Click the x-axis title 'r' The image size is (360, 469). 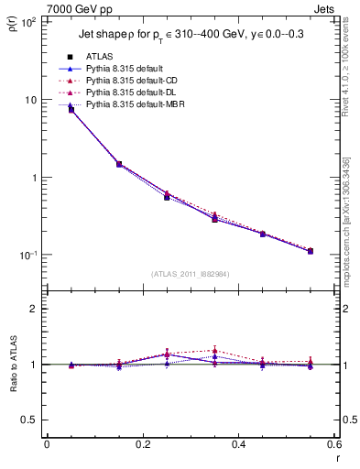336,456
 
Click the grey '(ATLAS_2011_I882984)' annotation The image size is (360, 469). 191,274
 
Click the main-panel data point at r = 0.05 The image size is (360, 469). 71,109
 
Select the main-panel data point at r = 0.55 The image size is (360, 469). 310,251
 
